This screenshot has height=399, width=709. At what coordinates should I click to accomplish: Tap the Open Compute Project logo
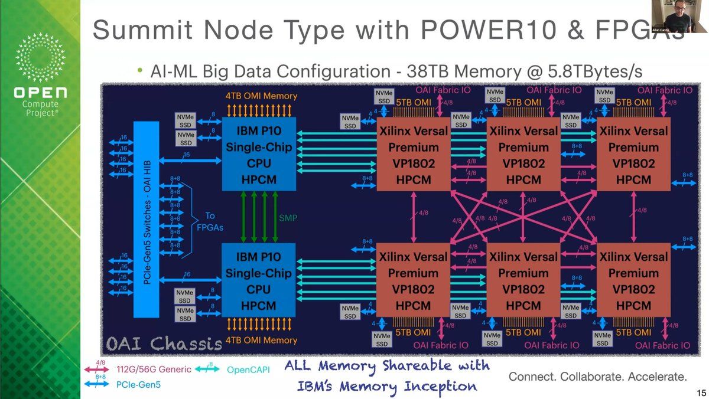[40, 77]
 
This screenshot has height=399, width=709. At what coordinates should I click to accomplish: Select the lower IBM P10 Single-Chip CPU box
[258, 281]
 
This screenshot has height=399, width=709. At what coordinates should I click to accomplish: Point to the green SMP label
[288, 218]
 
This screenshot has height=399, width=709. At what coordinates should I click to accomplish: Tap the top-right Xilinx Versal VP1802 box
[633, 155]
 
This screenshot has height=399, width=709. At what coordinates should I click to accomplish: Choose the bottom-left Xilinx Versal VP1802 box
[413, 281]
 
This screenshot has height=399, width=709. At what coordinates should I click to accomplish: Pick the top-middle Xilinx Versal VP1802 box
[523, 155]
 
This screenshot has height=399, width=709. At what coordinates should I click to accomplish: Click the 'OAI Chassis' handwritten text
[161, 343]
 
